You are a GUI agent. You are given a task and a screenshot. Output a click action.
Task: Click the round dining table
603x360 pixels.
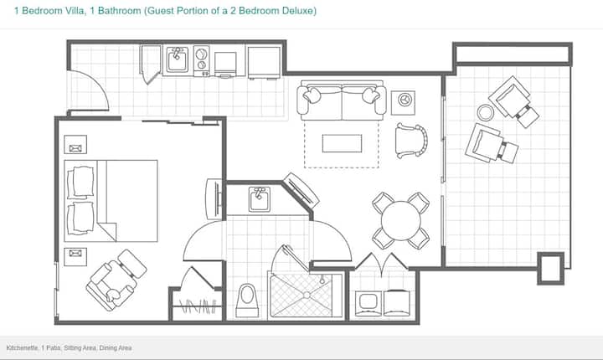400,221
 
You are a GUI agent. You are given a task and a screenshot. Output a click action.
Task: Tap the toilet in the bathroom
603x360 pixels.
247,301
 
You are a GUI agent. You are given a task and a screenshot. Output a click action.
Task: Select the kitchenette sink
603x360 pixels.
177,59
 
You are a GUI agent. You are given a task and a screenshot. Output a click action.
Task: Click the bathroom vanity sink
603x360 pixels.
259,199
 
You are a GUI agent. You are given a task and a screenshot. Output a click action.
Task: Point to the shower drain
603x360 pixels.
307,295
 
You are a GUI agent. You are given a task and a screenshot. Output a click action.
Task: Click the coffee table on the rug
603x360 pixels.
342,143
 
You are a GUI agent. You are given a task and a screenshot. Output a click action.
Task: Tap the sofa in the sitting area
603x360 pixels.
342,100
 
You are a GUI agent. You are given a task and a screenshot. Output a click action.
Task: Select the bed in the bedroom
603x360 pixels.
111,201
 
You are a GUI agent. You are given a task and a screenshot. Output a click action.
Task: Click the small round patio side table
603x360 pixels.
485,113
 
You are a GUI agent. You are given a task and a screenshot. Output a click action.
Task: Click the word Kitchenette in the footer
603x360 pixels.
22,348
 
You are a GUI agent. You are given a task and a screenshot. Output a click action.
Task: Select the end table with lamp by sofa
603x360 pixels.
403,103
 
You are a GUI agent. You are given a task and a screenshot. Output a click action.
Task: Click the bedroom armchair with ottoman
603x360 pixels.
116,280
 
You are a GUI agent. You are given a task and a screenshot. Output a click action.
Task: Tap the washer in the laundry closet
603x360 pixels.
368,303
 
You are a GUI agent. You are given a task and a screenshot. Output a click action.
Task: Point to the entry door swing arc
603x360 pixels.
97,83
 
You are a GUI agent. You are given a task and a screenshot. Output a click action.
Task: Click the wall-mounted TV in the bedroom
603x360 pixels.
214,199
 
